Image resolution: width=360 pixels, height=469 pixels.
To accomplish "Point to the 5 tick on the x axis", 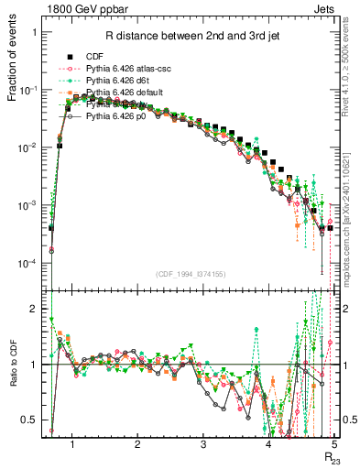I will click(334, 444).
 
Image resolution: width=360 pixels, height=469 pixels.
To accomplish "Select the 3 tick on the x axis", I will click(202, 444).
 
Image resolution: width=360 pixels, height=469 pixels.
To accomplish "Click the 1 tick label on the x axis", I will click(71, 444).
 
